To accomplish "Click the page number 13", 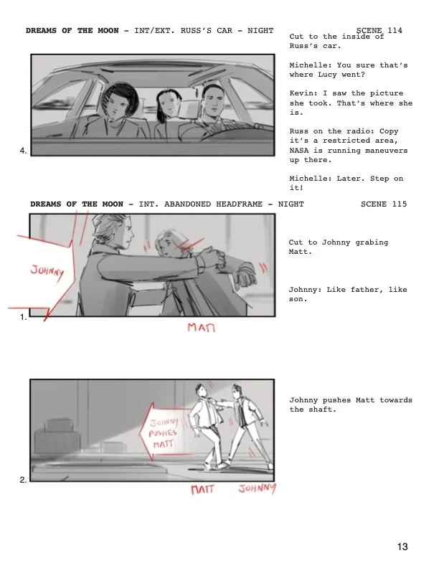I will (x=402, y=546).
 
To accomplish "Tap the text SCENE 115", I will (x=383, y=204).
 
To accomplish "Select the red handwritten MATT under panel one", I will (x=202, y=328).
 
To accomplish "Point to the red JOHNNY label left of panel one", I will (x=47, y=272).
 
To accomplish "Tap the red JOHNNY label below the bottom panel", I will (x=258, y=489).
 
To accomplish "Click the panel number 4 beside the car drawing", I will (x=23, y=151).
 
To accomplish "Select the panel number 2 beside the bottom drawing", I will (x=23, y=480).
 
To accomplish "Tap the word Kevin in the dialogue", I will (x=302, y=93).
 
